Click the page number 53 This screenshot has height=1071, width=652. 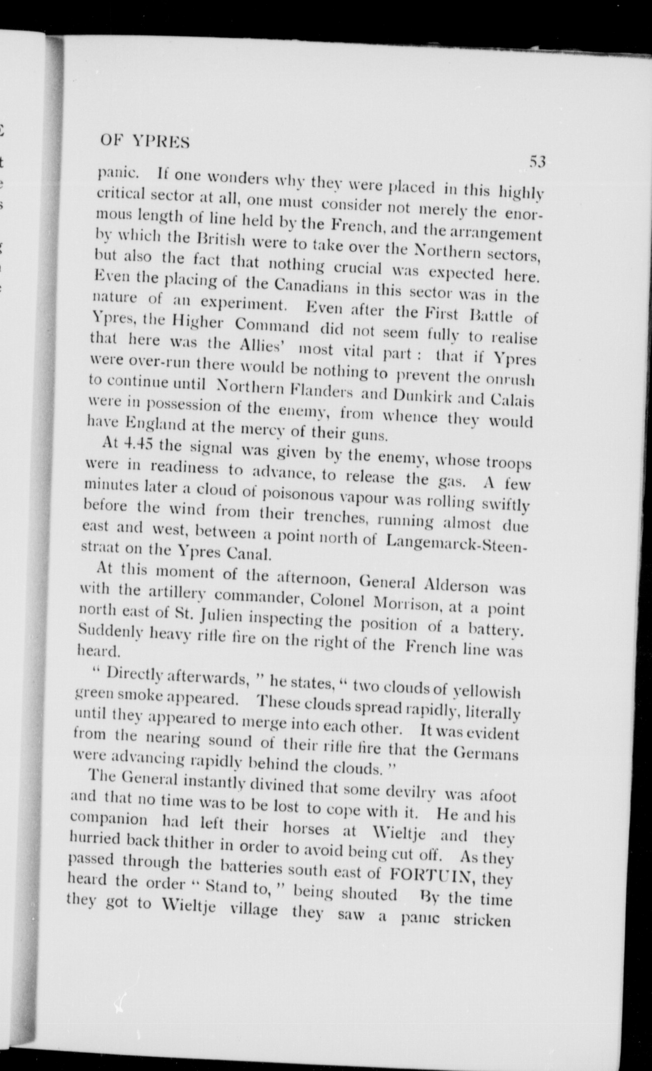pos(537,162)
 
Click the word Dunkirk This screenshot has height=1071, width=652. pos(425,398)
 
